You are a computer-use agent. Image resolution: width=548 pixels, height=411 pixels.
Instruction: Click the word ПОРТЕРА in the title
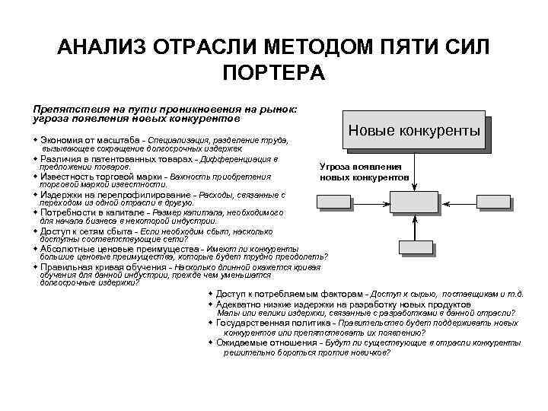pos(274,74)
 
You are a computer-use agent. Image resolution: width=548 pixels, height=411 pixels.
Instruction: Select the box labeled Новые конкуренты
pos(414,130)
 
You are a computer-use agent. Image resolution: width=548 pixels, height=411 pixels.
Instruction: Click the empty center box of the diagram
pos(414,202)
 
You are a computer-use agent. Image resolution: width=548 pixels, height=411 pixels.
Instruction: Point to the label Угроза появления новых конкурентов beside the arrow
pos(365,172)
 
